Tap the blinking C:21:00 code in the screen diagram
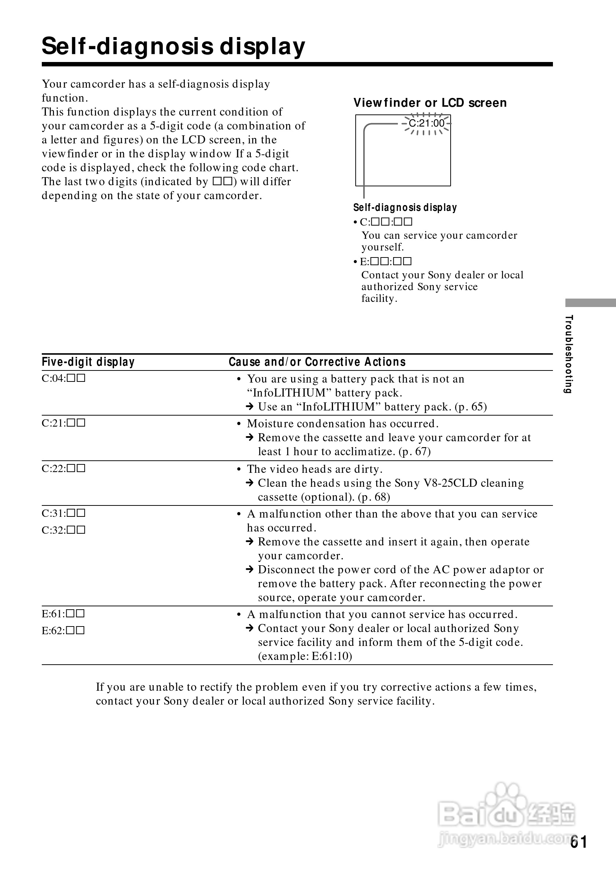click(426, 123)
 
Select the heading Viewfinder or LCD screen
click(430, 103)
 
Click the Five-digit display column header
click(88, 362)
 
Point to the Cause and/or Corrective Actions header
click(317, 362)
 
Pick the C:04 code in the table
click(63, 378)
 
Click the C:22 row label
click(63, 468)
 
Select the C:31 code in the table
click(63, 513)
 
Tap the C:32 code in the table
click(63, 530)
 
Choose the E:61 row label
click(63, 613)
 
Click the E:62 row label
click(63, 631)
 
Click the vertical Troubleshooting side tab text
click(569, 354)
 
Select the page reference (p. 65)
click(470, 407)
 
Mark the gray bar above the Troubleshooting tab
click(590, 303)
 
